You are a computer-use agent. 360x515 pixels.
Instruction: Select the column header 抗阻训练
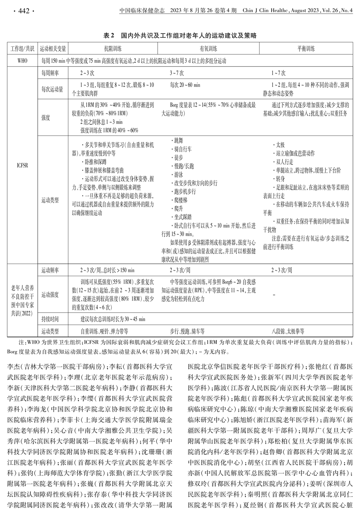coord(113,49)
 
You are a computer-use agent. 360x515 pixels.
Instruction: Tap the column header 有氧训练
coord(208,49)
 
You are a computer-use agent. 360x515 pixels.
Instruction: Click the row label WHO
coord(22,61)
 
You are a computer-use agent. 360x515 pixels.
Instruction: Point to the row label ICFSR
coord(22,166)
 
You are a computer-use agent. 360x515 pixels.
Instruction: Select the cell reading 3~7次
coord(177,73)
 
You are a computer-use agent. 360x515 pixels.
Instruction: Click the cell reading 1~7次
coord(278,73)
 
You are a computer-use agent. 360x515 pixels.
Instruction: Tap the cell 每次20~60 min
coord(185,85)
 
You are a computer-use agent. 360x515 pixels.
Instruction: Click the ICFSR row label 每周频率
coord(50,73)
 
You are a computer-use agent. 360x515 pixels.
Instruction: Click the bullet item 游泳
coord(178,175)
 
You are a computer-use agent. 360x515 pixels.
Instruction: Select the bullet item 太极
coord(280,145)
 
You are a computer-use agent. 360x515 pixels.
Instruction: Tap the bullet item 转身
coord(280,179)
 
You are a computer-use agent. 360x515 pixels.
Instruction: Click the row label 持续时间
coord(50,319)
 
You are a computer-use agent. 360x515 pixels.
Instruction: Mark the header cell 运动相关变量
coord(53,49)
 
